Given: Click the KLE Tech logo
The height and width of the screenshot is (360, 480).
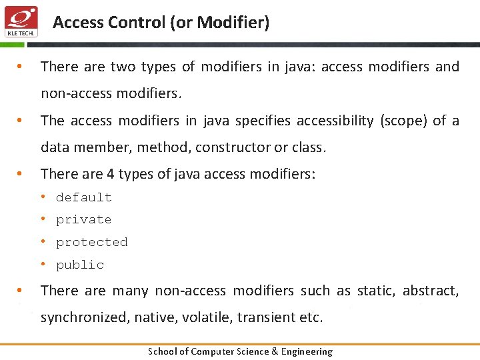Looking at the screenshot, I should [x=21, y=22].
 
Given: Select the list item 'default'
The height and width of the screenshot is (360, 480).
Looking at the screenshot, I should [x=84, y=197].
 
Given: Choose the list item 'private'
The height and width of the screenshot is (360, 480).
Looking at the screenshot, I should [x=84, y=220].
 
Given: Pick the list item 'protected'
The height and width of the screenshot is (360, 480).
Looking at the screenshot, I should [x=92, y=243].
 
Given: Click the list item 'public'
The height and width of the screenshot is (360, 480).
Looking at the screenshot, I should [x=80, y=265].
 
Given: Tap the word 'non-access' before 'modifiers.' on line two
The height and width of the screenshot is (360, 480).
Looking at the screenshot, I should [x=77, y=93].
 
